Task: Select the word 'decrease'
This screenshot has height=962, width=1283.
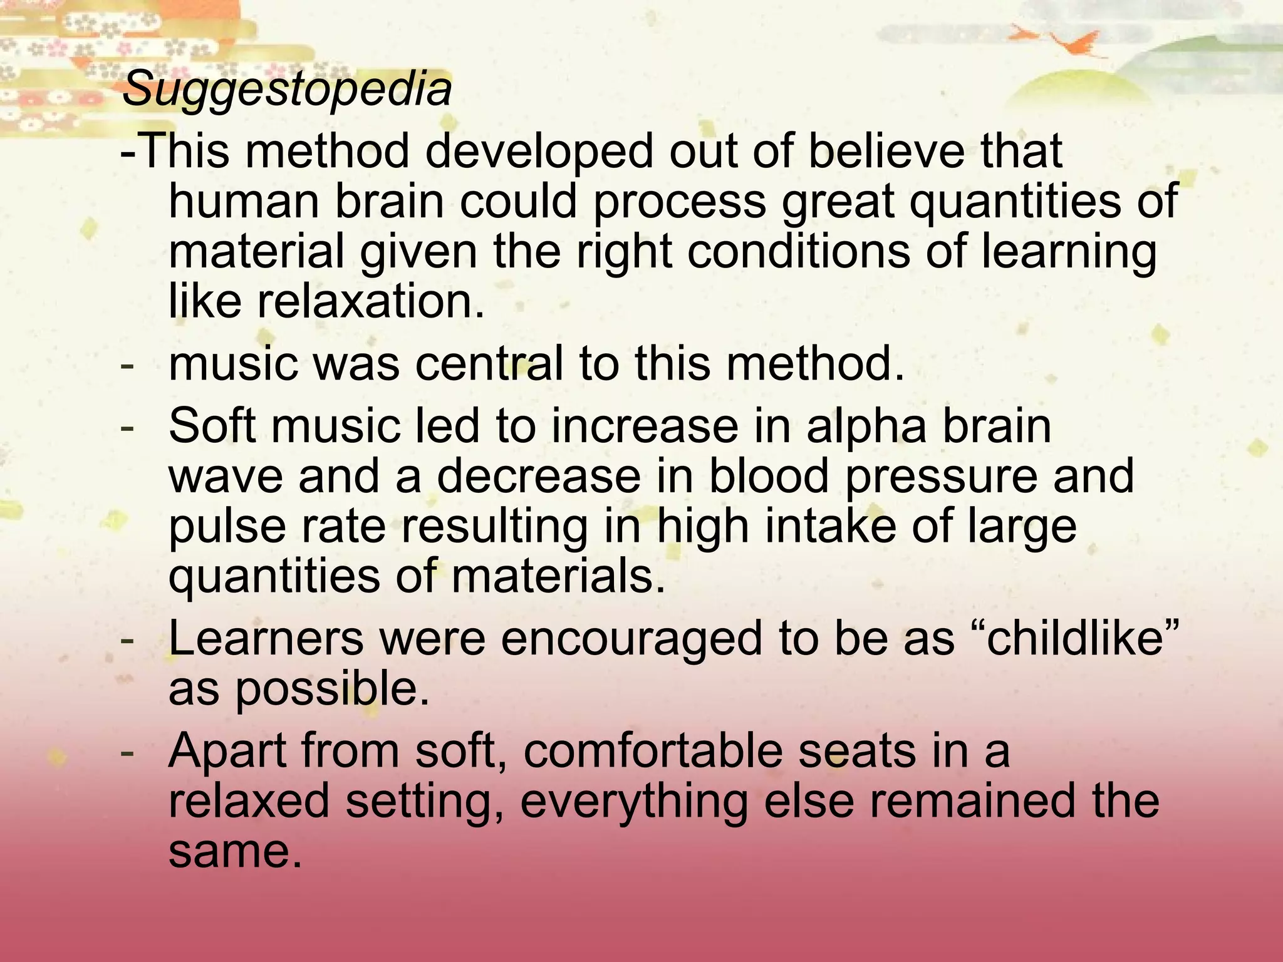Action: tap(539, 476)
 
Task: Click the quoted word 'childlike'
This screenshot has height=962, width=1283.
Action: tap(1075, 639)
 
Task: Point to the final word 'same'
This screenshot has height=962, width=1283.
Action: tap(231, 852)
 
